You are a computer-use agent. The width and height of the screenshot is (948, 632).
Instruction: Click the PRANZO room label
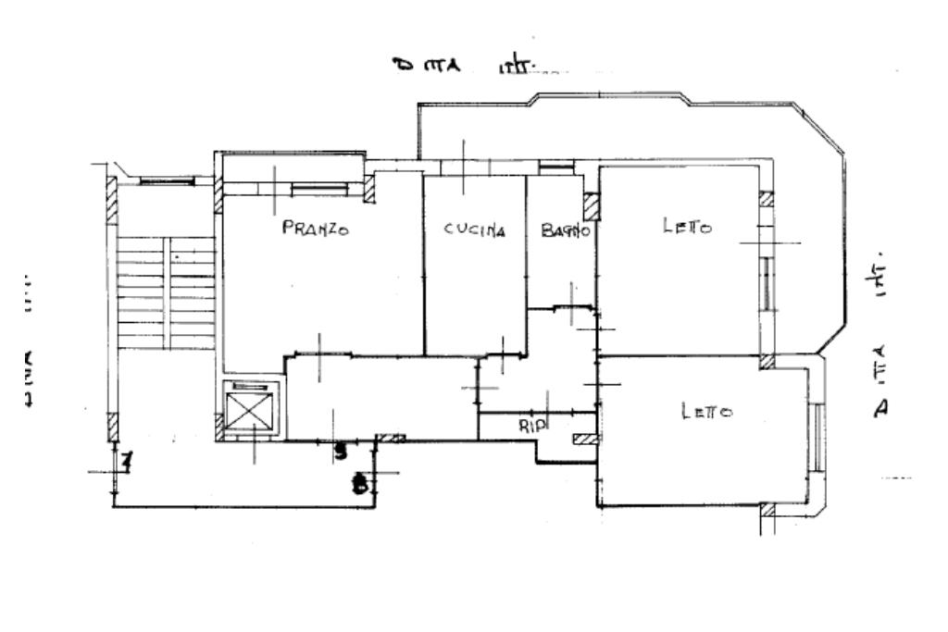pyautogui.click(x=315, y=229)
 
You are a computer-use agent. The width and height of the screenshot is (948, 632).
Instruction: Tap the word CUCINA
pyautogui.click(x=475, y=230)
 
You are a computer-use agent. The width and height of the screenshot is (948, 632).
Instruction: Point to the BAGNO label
pyautogui.click(x=565, y=231)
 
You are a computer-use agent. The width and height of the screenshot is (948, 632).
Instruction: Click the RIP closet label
pyautogui.click(x=533, y=426)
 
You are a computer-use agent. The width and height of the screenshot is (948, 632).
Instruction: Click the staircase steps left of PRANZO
pyautogui.click(x=165, y=291)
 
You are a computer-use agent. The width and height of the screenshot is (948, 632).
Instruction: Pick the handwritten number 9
pyautogui.click(x=341, y=452)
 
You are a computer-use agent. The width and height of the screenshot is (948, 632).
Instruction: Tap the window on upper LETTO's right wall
pyautogui.click(x=767, y=282)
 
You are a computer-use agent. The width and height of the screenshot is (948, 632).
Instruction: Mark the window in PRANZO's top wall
pyautogui.click(x=319, y=189)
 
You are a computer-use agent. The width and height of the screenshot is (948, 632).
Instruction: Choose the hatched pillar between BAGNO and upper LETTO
pyautogui.click(x=592, y=205)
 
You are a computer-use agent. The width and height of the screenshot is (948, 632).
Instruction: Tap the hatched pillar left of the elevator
pyautogui.click(x=218, y=426)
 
